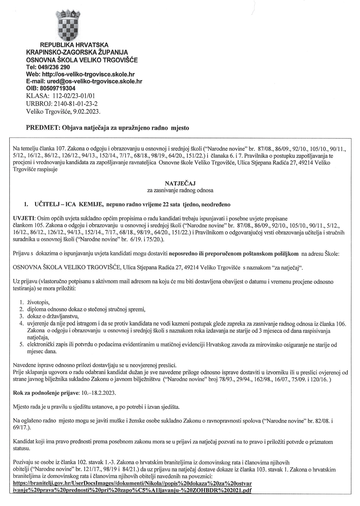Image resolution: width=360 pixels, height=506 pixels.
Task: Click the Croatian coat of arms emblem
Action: coord(68,25)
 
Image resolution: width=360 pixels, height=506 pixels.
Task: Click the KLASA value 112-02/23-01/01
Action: coord(71,96)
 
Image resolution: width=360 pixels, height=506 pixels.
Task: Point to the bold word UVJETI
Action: coord(23,218)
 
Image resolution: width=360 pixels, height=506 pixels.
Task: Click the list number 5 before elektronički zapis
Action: coord(21,344)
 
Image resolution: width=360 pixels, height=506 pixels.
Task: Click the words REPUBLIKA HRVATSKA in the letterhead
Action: coord(74,45)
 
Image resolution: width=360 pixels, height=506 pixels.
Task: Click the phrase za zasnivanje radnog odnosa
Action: coord(180,190)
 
